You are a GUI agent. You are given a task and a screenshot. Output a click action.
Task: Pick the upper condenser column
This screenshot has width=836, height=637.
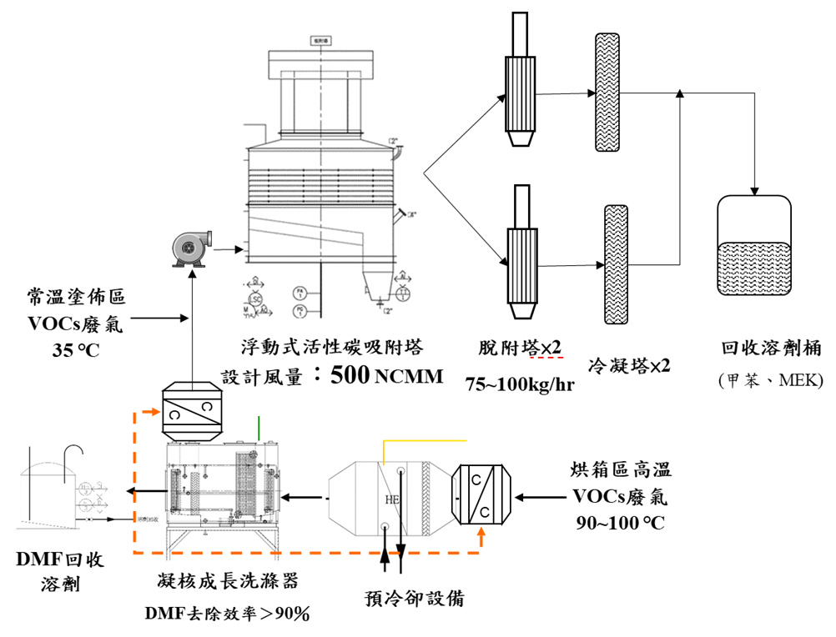point(604,93)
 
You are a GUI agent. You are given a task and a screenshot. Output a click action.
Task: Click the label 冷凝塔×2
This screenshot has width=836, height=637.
point(629,364)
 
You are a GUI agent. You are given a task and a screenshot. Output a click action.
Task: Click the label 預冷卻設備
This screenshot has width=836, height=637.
point(415,597)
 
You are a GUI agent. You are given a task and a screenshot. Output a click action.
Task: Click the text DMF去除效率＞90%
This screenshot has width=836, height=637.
point(227,614)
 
